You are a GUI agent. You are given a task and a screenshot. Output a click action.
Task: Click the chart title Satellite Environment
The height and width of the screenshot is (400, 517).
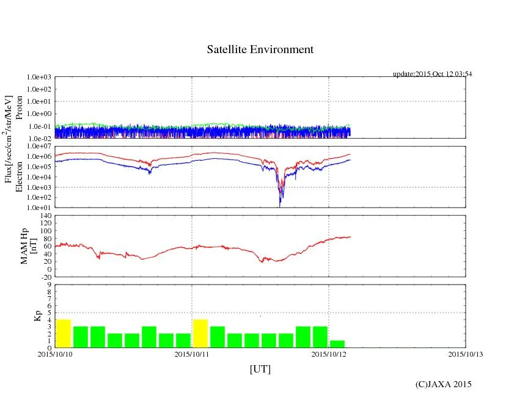260,49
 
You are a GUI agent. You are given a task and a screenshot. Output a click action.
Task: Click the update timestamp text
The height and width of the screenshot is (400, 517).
432,74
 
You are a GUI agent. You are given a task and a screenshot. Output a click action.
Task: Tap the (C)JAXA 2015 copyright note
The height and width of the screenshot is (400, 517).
443,384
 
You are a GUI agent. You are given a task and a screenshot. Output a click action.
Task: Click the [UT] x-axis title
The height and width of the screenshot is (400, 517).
260,369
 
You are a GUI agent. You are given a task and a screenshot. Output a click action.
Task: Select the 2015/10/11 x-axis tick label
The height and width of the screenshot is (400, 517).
192,354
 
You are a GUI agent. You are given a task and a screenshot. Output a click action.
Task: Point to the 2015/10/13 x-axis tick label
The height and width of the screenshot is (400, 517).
466,354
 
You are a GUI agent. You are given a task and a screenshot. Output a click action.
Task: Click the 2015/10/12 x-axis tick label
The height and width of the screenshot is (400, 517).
329,354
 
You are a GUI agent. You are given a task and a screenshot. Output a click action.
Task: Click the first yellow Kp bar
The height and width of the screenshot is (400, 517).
64,333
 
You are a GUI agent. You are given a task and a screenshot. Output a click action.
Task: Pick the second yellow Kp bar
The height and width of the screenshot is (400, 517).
200,333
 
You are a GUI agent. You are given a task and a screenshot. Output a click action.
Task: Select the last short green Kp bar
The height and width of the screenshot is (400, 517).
337,344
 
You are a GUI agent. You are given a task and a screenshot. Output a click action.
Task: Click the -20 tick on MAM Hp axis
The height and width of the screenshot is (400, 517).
45,277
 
